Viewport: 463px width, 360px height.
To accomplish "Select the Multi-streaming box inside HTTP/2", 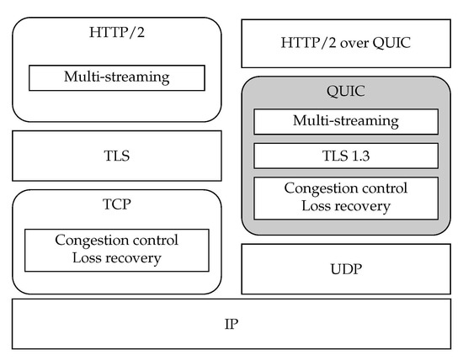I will coord(117,78).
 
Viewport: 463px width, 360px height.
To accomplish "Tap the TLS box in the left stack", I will coord(117,156).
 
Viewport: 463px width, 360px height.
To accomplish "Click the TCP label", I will coord(117,204).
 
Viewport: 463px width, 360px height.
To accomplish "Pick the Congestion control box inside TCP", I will coord(117,249).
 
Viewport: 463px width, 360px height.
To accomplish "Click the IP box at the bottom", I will coord(231,323).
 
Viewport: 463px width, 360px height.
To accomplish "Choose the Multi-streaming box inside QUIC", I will coord(345,121).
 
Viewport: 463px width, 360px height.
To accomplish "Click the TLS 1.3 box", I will coord(345,156).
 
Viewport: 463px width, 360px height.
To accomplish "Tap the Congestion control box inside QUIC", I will coord(345,198).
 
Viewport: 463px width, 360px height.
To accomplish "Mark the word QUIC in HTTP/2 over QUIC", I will coord(391,43).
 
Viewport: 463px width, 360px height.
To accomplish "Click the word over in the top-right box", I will coord(350,43).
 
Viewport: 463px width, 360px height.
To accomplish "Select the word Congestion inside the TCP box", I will coord(90,241).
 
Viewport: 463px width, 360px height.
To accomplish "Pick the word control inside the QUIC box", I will coord(384,188).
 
